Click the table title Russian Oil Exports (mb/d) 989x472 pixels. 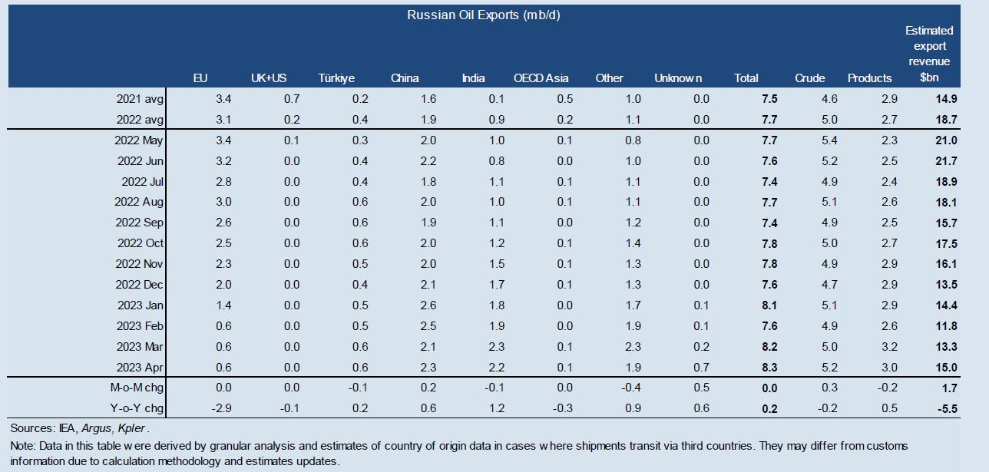[x=483, y=15]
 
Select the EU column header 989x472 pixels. [x=200, y=78]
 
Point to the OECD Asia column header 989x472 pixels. [x=541, y=78]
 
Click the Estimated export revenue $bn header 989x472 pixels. [x=928, y=54]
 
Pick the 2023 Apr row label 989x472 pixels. [x=140, y=367]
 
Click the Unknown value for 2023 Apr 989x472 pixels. [x=700, y=367]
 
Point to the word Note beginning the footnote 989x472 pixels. [x=22, y=446]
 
